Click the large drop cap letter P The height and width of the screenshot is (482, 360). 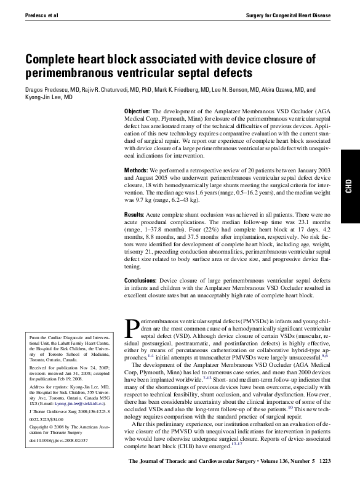click(x=131, y=327)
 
